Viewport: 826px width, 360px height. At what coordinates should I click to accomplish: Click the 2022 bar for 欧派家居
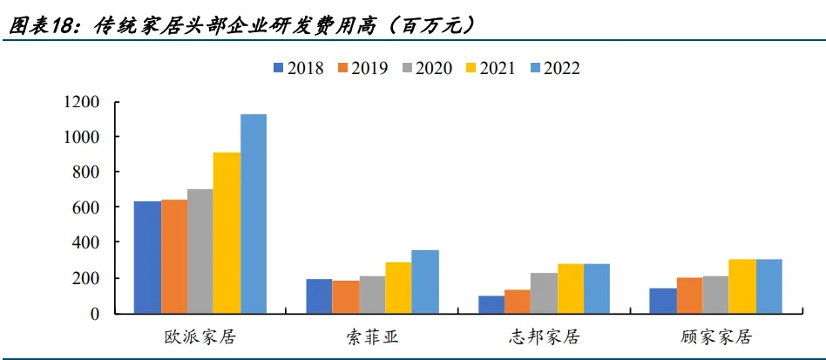tap(254, 214)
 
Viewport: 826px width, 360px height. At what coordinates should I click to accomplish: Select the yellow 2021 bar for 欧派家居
tap(227, 233)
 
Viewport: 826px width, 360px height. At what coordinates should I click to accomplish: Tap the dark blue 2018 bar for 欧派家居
tap(146, 257)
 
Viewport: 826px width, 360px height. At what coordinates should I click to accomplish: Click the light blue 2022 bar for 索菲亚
tap(425, 282)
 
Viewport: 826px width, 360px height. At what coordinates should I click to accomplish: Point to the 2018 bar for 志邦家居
tap(491, 304)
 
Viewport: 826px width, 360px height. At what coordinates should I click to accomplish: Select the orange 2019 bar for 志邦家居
tap(518, 301)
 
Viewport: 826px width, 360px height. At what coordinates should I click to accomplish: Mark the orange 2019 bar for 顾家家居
tap(689, 295)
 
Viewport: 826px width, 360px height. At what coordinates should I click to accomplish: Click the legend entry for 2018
tap(297, 68)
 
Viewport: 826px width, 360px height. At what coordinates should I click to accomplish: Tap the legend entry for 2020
tap(425, 68)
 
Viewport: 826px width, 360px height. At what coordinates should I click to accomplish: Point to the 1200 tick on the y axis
tap(81, 102)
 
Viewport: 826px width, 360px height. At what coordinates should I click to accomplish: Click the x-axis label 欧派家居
tap(200, 336)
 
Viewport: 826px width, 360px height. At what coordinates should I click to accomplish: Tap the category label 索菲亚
tap(372, 336)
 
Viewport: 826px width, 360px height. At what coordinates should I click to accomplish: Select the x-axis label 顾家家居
tap(715, 336)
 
